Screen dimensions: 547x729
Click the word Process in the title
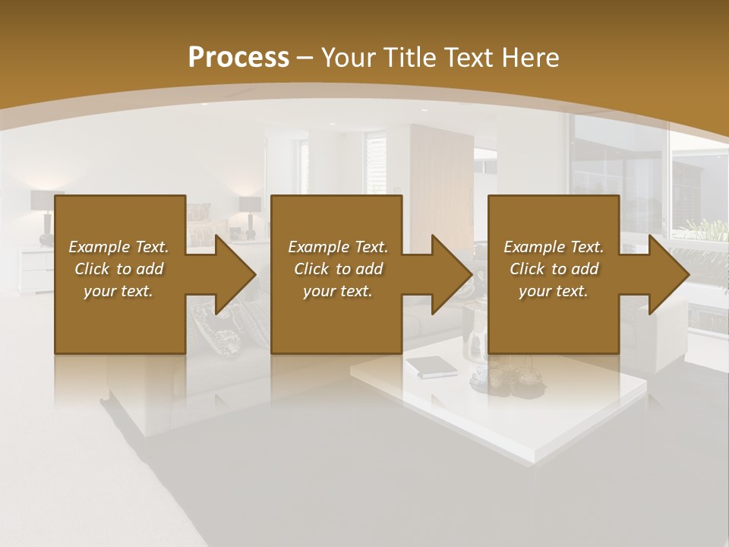point(238,57)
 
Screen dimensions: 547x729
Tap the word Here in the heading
point(530,57)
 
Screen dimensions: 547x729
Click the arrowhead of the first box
point(235,274)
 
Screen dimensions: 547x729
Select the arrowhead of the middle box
point(453,274)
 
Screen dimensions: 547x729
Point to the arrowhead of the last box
point(669,274)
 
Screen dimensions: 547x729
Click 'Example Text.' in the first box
point(118,247)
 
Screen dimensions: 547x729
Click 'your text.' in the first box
point(118,291)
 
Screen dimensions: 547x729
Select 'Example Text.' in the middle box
point(338,247)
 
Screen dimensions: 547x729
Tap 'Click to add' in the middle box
point(338,269)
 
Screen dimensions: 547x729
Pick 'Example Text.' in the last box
point(554,247)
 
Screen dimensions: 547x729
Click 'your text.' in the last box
point(554,291)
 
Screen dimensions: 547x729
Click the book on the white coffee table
point(431,368)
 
